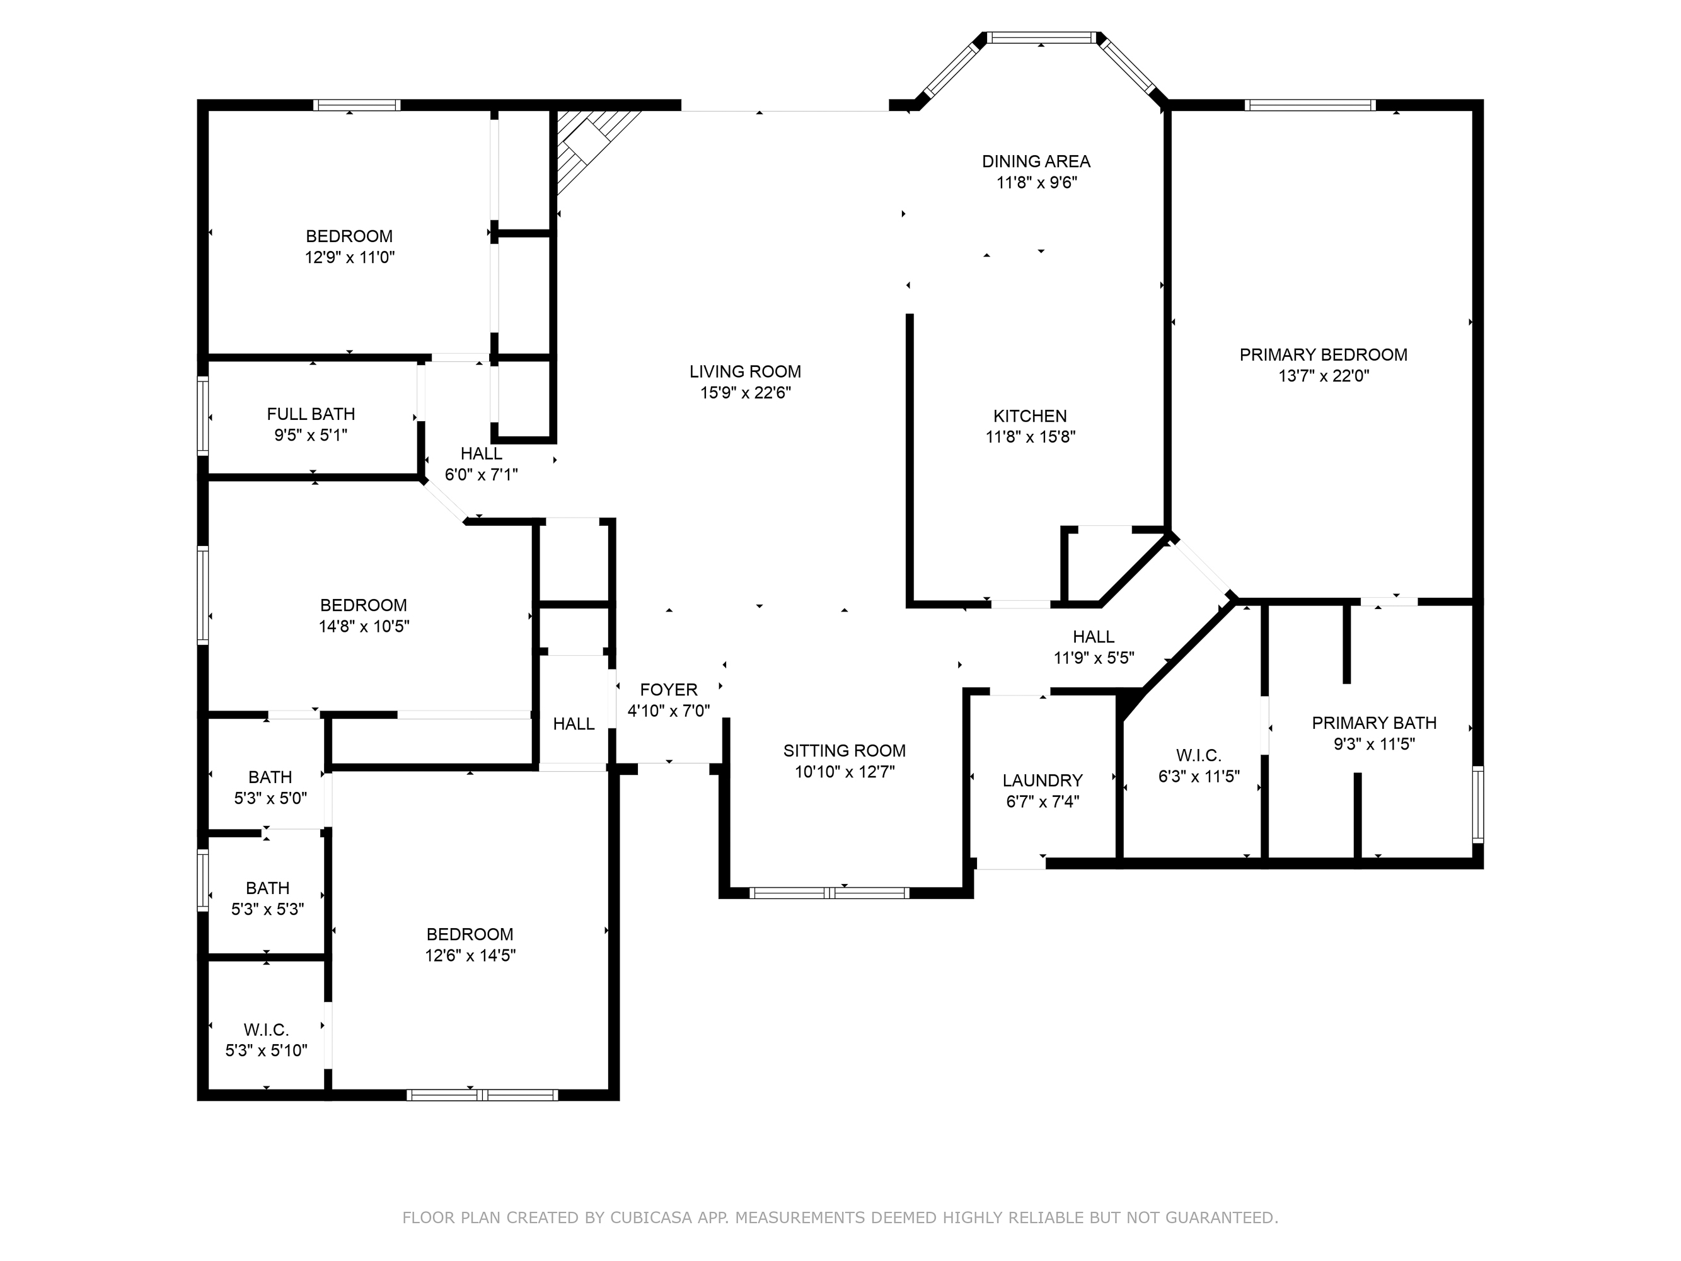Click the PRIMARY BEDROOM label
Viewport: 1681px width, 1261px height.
click(x=1323, y=355)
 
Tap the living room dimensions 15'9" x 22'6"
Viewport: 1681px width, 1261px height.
click(x=746, y=393)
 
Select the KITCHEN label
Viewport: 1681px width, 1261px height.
click(x=1030, y=417)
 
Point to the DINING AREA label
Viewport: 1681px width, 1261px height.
click(x=1036, y=161)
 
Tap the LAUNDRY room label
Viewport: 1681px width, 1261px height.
click(x=1042, y=781)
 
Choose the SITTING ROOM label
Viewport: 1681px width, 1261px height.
click(x=845, y=751)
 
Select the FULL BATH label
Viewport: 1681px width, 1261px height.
click(x=311, y=414)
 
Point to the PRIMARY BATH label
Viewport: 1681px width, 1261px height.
click(x=1374, y=723)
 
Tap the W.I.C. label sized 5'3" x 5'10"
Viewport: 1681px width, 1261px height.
click(x=266, y=1030)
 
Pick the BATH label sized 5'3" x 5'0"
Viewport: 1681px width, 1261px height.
click(x=270, y=777)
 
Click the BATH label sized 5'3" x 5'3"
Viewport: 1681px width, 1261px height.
click(x=267, y=888)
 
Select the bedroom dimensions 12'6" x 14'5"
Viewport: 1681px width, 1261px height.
click(x=470, y=955)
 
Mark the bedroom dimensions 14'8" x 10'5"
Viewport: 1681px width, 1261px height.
click(x=364, y=626)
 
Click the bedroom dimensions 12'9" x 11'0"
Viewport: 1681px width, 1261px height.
click(x=350, y=258)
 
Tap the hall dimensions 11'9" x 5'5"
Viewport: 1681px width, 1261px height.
click(x=1094, y=658)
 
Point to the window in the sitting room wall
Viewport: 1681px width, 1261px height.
click(x=829, y=893)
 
